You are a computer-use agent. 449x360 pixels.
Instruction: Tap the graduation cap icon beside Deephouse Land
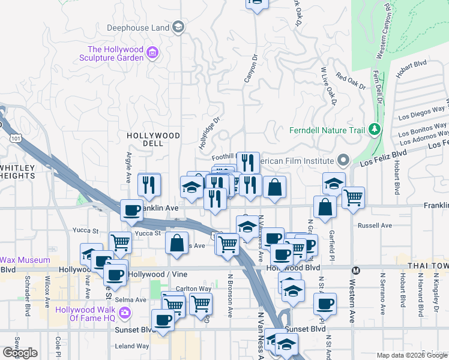click(178, 26)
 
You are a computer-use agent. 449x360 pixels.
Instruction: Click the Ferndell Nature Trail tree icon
click(375, 130)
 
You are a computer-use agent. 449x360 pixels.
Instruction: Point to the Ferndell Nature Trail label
click(328, 130)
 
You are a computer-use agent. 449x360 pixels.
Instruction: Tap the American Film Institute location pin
click(343, 160)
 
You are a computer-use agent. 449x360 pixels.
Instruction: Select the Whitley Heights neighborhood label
click(17, 171)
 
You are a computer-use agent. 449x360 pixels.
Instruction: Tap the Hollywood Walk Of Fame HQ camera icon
click(124, 312)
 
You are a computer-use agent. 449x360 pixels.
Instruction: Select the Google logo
click(20, 353)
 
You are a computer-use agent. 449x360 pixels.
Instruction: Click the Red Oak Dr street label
click(351, 81)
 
